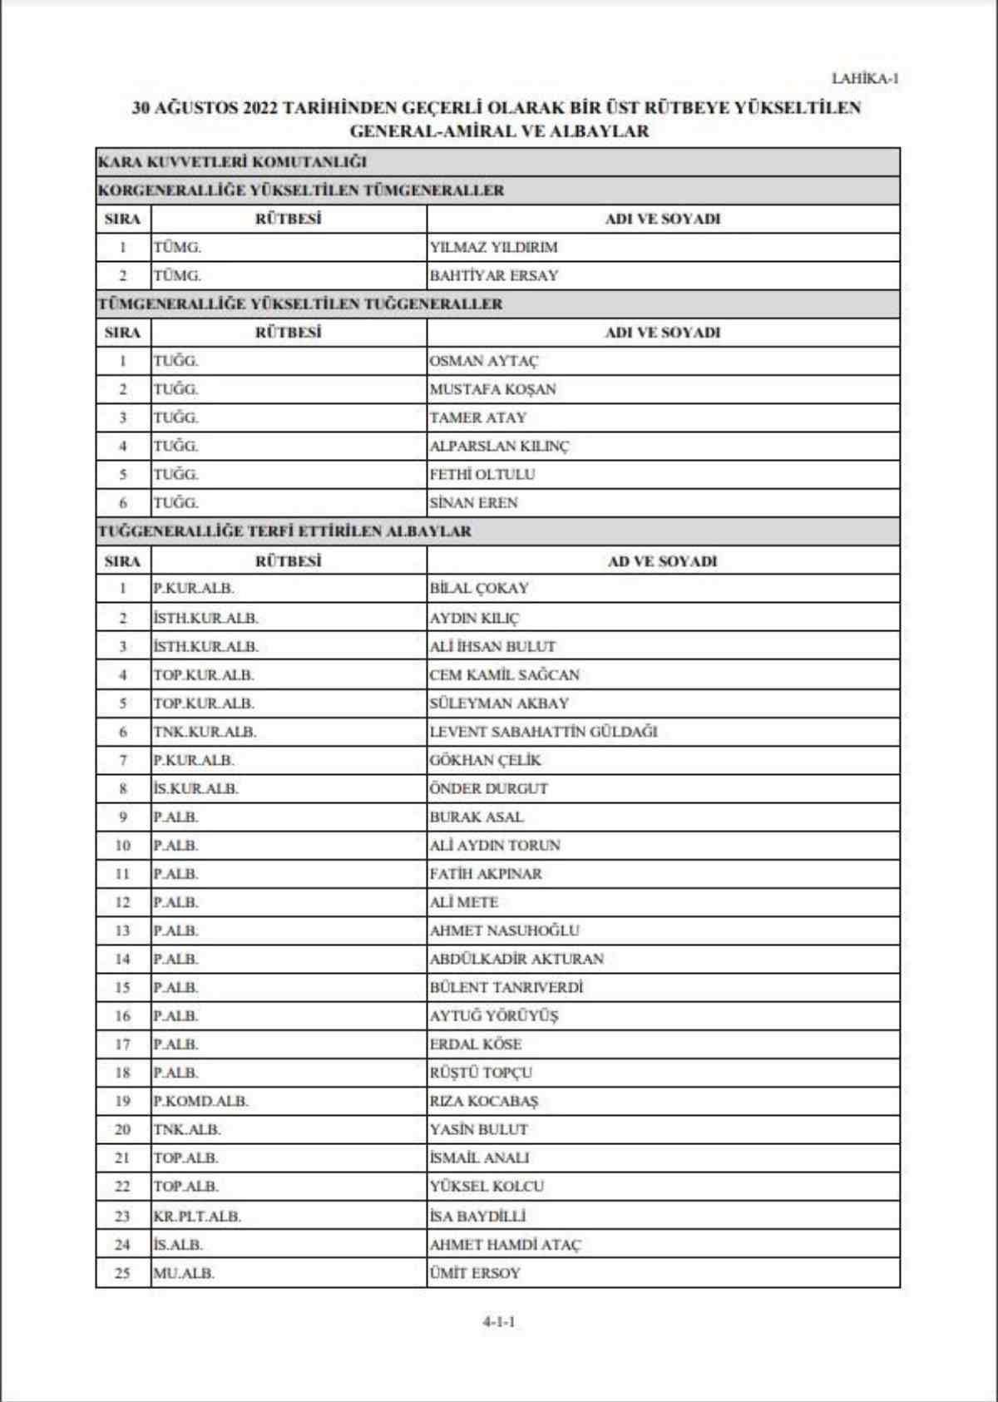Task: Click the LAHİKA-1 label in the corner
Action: (x=865, y=79)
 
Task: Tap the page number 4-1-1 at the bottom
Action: (x=499, y=1321)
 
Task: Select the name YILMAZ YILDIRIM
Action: (x=493, y=247)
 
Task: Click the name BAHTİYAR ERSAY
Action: (x=493, y=275)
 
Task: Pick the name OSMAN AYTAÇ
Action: (x=483, y=361)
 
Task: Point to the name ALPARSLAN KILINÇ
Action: (x=499, y=446)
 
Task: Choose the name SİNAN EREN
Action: (x=473, y=502)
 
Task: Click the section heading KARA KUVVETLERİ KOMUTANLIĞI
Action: (x=232, y=161)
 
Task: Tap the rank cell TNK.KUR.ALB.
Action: (x=205, y=732)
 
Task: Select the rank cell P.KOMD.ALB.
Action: (x=200, y=1101)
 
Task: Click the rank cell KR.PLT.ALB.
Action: (x=197, y=1216)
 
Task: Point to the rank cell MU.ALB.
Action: (x=184, y=1273)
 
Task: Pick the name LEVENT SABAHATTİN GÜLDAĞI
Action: (x=543, y=732)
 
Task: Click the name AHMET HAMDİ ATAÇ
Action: (x=505, y=1245)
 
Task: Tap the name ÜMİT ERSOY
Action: (x=475, y=1273)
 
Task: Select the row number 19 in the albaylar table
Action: (x=122, y=1101)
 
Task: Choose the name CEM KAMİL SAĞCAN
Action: (x=504, y=674)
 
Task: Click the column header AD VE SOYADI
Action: (x=662, y=561)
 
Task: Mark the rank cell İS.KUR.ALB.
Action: (x=195, y=788)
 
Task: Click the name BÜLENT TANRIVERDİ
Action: (x=506, y=987)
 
